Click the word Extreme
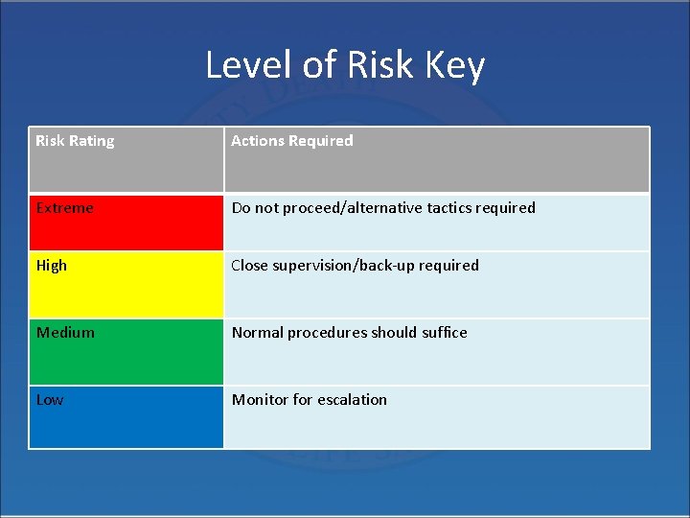point(65,208)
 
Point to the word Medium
point(65,333)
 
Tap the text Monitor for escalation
point(310,400)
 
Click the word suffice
point(444,333)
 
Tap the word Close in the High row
point(249,266)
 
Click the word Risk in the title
point(368,65)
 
